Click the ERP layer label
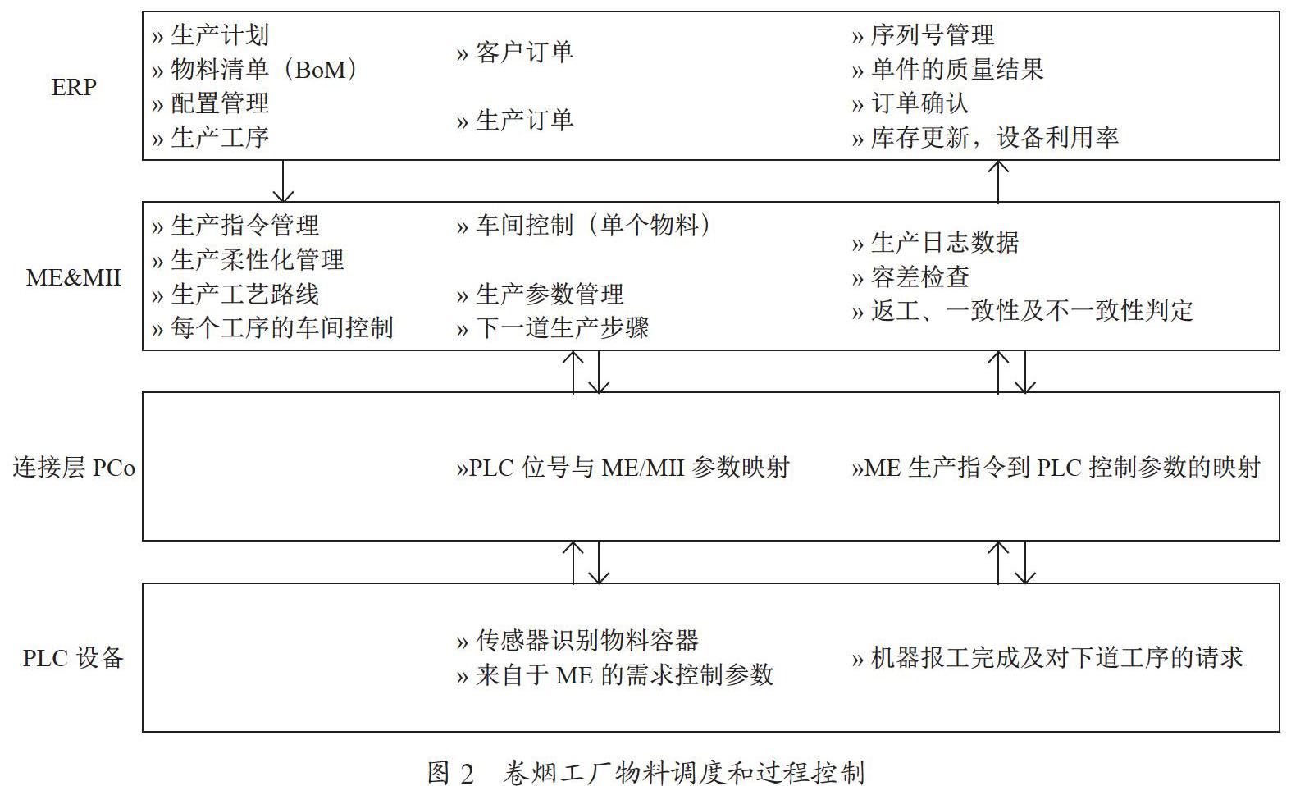[x=74, y=87]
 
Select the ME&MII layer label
[x=73, y=278]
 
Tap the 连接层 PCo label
[x=74, y=468]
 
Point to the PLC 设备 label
[x=73, y=658]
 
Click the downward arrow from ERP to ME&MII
[x=283, y=181]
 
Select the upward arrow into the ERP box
[x=998, y=181]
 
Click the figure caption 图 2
[x=450, y=774]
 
